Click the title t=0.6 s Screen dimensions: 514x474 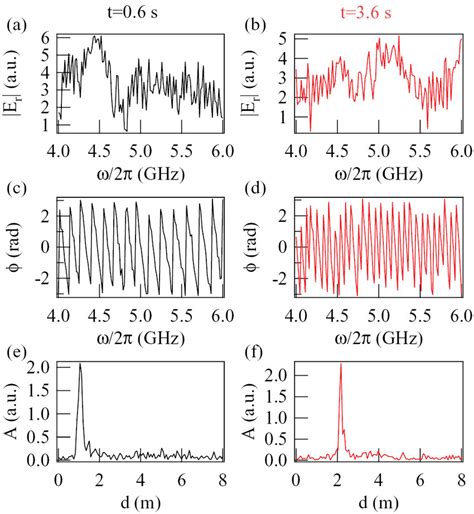tap(140, 11)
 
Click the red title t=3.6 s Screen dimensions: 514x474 tap(377, 11)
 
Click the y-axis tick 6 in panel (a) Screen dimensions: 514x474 tap(46, 36)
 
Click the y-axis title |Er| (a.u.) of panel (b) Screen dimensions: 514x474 tap(256, 85)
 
